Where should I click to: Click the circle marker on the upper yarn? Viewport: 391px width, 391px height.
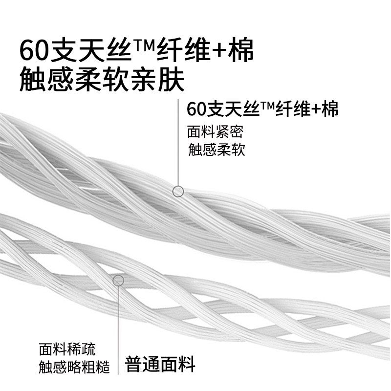point(178,191)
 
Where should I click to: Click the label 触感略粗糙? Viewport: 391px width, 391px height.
point(74,367)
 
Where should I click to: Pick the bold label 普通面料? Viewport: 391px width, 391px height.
point(161,364)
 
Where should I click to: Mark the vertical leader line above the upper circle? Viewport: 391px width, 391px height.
point(178,142)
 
